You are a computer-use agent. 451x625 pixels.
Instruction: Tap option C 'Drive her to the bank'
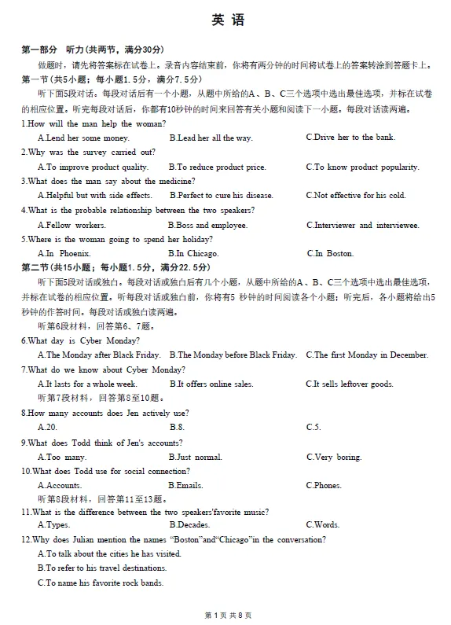[350, 138]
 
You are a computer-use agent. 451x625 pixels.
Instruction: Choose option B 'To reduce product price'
[218, 167]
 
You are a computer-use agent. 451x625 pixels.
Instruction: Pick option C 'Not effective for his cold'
[355, 196]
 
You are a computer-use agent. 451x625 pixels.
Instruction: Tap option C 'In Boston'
[330, 254]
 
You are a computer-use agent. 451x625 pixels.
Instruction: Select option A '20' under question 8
[48, 428]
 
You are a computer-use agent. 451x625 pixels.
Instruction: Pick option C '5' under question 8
[313, 428]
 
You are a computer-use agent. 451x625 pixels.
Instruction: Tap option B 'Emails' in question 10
[186, 486]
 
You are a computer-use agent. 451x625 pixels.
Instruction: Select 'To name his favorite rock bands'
[101, 583]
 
